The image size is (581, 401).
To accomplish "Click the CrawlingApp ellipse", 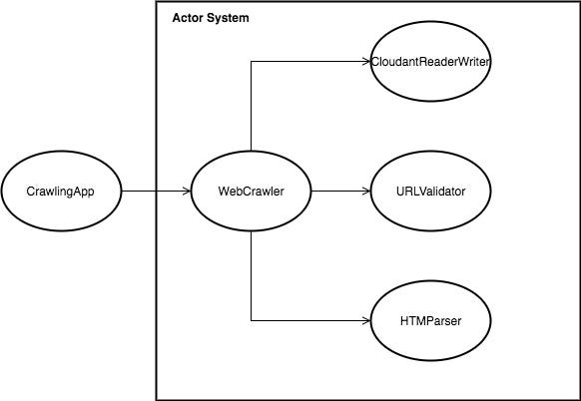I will tap(61, 191).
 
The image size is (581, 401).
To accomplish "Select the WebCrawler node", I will tap(251, 191).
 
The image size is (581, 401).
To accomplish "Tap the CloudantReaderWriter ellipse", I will tap(431, 62).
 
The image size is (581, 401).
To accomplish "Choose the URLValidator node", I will tap(431, 191).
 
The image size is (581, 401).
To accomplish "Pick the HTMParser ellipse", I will tap(431, 321).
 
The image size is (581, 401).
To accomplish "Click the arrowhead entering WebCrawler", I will tap(186, 191).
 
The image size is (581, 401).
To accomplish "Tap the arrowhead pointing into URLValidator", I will tap(365, 191).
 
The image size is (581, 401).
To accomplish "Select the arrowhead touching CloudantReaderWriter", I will tap(365, 62).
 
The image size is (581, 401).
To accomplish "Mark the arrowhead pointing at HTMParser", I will tap(365, 321).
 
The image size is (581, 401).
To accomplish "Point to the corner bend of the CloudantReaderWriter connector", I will tap(251, 62).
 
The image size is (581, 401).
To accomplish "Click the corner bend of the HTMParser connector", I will tap(251, 321).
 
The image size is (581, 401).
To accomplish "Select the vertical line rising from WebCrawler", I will tap(251, 110).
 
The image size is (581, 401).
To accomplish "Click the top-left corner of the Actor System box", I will tap(157, 4).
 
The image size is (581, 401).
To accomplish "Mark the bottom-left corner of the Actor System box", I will tap(157, 398).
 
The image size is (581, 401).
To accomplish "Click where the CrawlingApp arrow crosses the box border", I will tap(157, 191).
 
